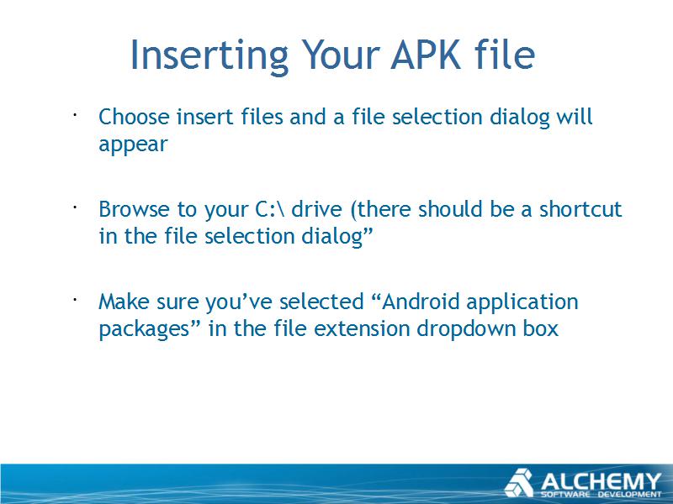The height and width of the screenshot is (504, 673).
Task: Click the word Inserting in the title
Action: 209,55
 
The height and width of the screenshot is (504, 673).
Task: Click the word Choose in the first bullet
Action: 134,117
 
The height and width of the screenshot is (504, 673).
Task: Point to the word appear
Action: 133,144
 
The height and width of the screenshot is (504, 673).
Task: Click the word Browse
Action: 134,209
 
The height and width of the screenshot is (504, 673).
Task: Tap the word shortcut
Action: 580,209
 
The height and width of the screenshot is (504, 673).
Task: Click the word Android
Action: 421,302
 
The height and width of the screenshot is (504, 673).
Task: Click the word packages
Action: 144,330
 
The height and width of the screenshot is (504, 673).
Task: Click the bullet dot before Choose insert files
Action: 75,115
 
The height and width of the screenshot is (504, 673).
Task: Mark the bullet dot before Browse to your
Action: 75,207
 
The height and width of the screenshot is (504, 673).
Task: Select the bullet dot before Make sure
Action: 75,300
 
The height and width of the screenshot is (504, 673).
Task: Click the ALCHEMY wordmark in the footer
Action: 601,481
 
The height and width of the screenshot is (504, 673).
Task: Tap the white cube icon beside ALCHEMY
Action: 518,483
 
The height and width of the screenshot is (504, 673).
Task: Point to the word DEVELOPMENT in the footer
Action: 630,495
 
